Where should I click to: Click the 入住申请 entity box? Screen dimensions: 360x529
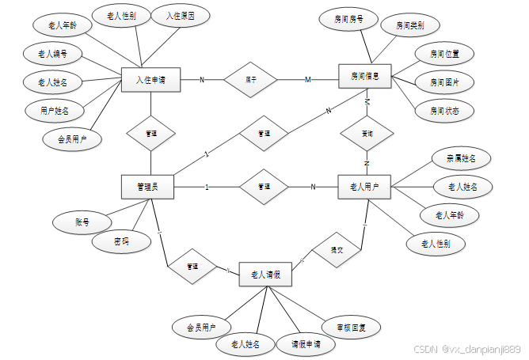[150, 80]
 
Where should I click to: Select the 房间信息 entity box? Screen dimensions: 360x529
[364, 78]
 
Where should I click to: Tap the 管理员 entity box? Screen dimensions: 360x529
[147, 187]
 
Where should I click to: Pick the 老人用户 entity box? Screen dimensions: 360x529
[364, 188]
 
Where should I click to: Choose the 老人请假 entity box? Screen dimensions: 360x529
[265, 274]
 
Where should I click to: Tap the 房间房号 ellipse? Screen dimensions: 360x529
[349, 18]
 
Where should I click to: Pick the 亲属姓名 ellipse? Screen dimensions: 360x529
[456, 159]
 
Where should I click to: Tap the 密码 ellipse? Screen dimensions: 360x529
[120, 241]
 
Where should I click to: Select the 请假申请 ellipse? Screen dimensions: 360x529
[306, 345]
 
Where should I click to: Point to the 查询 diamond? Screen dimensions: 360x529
[367, 132]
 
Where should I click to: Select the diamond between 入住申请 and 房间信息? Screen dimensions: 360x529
[251, 79]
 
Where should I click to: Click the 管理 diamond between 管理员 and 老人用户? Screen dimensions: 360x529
[264, 187]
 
